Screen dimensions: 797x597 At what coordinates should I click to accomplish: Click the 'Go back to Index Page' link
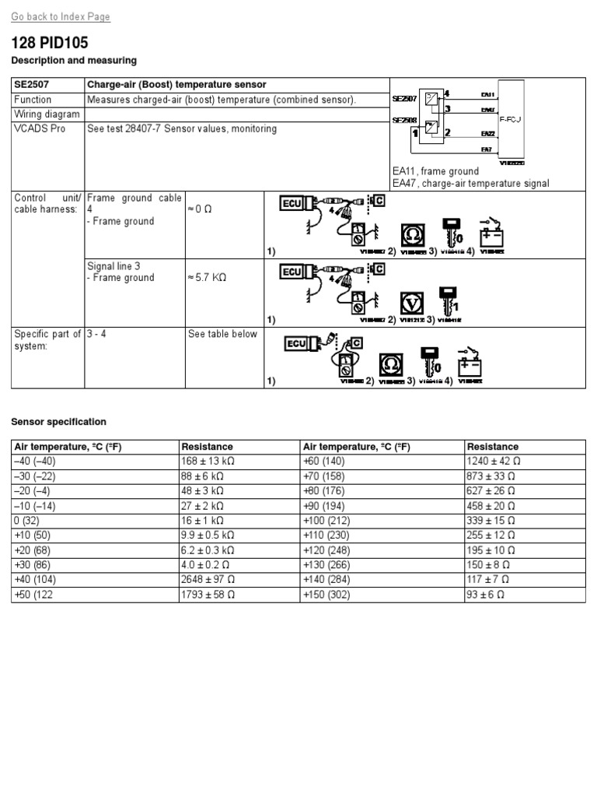(61, 16)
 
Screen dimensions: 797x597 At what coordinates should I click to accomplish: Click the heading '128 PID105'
(50, 44)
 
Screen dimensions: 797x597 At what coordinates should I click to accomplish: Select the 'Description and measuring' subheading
(74, 60)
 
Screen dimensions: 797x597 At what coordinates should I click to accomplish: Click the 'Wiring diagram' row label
(47, 114)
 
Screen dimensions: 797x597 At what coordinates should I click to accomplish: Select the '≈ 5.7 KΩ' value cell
(206, 278)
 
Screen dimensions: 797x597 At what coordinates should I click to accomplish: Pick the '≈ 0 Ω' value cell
(200, 210)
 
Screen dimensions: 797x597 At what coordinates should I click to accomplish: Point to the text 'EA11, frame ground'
(435, 171)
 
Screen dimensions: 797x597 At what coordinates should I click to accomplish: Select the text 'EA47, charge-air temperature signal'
(470, 184)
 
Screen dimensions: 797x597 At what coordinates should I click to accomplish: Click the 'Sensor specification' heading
(58, 422)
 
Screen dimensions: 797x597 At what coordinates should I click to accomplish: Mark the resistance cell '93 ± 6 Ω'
(487, 594)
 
